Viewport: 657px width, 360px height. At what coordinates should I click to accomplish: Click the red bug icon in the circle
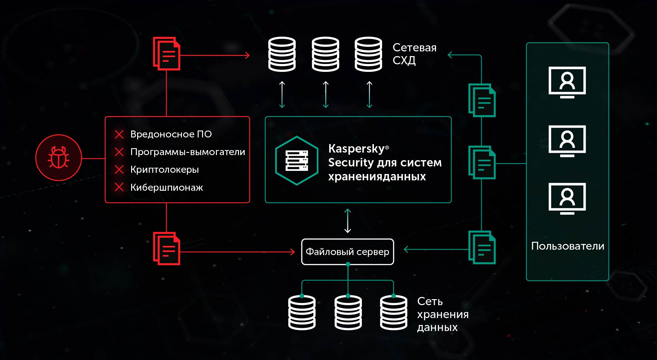point(59,157)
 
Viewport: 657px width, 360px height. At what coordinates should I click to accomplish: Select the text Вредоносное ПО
point(171,134)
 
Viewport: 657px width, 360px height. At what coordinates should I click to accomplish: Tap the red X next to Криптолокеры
point(119,170)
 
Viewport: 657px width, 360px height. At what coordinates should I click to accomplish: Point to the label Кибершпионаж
point(166,188)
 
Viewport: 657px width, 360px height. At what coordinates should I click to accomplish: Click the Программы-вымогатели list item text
point(188,152)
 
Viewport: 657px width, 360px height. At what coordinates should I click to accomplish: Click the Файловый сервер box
point(347,252)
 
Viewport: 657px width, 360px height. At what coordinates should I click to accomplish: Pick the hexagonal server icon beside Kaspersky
point(297,160)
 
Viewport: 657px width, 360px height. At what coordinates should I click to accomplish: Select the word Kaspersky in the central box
point(356,148)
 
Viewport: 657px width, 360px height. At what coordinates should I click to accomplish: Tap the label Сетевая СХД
point(414,54)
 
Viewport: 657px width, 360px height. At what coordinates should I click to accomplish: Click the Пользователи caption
point(567,246)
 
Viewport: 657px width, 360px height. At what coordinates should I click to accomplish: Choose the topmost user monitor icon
point(567,82)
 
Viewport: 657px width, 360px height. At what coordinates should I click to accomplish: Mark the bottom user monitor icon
point(567,198)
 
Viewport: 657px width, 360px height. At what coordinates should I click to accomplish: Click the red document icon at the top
point(167,54)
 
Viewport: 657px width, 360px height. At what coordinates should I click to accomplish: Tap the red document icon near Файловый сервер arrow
point(167,248)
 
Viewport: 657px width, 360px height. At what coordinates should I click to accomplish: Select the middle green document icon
point(482,162)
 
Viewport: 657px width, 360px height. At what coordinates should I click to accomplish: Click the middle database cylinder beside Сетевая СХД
point(325,54)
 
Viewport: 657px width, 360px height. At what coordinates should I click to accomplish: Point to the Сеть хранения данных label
point(442,314)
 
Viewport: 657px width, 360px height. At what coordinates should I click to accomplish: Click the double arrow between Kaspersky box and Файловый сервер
point(348,221)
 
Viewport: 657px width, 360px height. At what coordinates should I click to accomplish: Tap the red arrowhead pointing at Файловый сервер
point(292,252)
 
